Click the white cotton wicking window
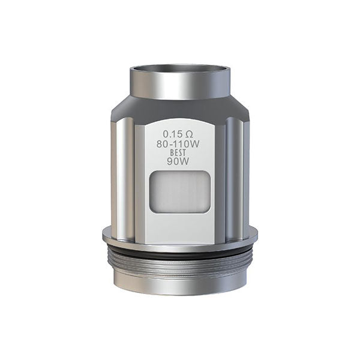[x=180, y=191]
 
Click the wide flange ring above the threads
[x=180, y=235]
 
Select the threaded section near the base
[x=180, y=257]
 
